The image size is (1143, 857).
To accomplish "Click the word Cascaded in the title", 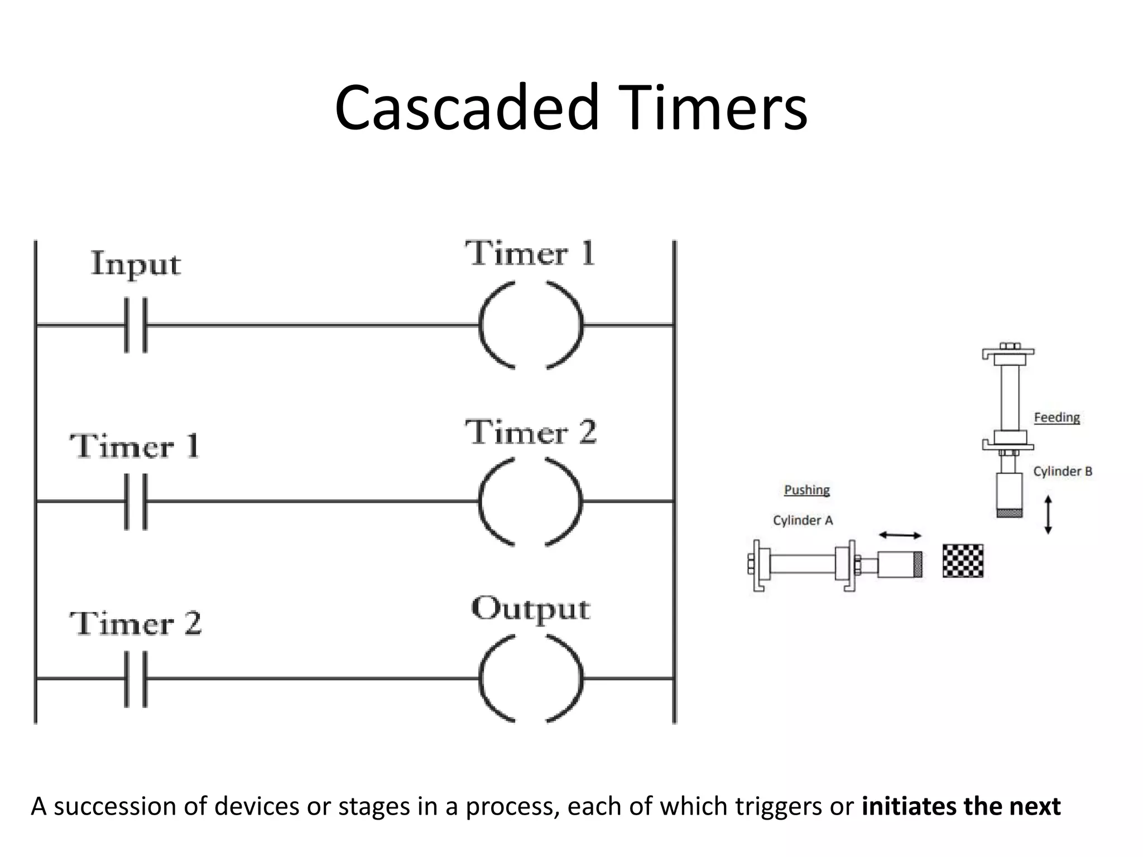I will pos(467,107).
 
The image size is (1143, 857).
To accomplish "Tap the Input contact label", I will pos(136,264).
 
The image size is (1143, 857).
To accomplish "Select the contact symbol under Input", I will pos(136,325).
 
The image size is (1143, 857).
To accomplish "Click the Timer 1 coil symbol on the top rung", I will pos(531,325).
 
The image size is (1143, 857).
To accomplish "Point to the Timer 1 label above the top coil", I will pos(530,254).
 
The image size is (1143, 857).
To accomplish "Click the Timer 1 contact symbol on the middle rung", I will pos(136,501).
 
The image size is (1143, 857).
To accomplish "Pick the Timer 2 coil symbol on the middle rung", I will pos(531,501).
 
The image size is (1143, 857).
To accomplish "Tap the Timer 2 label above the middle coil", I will pos(531,432).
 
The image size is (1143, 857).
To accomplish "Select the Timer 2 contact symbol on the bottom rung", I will pos(136,678).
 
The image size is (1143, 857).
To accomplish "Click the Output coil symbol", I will pos(531,678).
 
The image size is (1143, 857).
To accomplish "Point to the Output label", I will pos(530,609).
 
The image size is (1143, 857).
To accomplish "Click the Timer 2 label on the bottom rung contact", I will pos(136,623).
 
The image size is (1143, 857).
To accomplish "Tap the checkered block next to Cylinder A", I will pos(963,561).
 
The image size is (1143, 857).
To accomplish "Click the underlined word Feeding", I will pos(1056,417).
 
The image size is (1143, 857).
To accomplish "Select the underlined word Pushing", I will pos(806,490).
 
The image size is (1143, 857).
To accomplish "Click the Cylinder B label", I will pos(1062,471).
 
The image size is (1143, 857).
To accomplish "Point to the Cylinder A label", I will pos(803,521).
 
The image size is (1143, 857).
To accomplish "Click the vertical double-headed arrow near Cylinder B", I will pos(1048,514).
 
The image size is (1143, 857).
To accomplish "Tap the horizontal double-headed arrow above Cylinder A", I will pos(900,535).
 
